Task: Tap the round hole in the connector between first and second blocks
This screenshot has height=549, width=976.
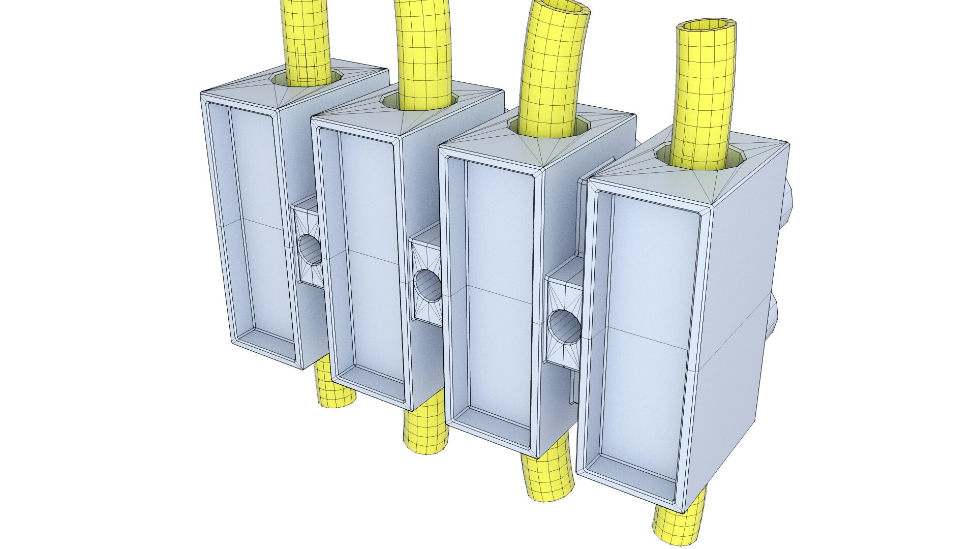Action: point(309,249)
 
